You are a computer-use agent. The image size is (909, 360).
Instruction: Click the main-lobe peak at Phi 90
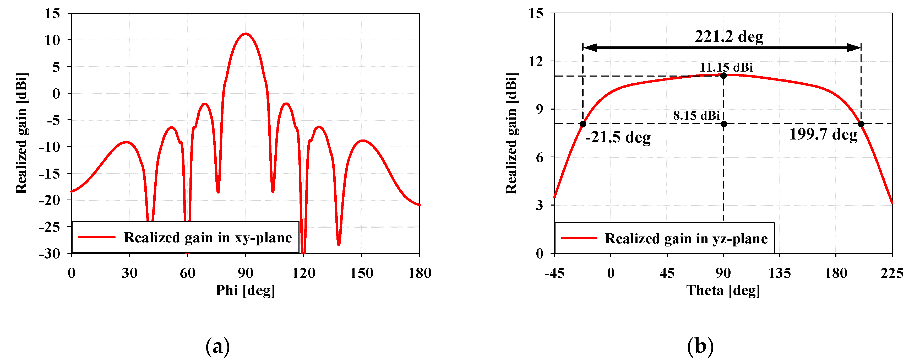(245, 34)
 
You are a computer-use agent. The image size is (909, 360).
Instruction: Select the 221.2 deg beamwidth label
(729, 37)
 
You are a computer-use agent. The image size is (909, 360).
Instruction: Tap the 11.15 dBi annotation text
(726, 67)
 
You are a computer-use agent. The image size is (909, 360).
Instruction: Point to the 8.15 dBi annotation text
(696, 115)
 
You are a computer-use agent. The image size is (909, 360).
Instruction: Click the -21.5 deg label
(618, 137)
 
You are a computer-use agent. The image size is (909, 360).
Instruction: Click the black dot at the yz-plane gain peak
(723, 76)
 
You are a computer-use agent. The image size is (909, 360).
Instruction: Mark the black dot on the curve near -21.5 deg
(583, 124)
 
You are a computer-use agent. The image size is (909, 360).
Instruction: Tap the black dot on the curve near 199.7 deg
(861, 124)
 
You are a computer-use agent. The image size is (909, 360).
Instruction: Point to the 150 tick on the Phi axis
(361, 273)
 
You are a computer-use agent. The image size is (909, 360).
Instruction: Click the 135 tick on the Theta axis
(780, 273)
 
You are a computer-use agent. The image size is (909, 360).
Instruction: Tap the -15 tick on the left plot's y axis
(50, 174)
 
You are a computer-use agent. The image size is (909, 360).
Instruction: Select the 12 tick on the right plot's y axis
(536, 61)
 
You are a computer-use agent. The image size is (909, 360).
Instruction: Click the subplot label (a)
(218, 346)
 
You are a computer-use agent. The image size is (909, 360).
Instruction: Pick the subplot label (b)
(700, 346)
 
